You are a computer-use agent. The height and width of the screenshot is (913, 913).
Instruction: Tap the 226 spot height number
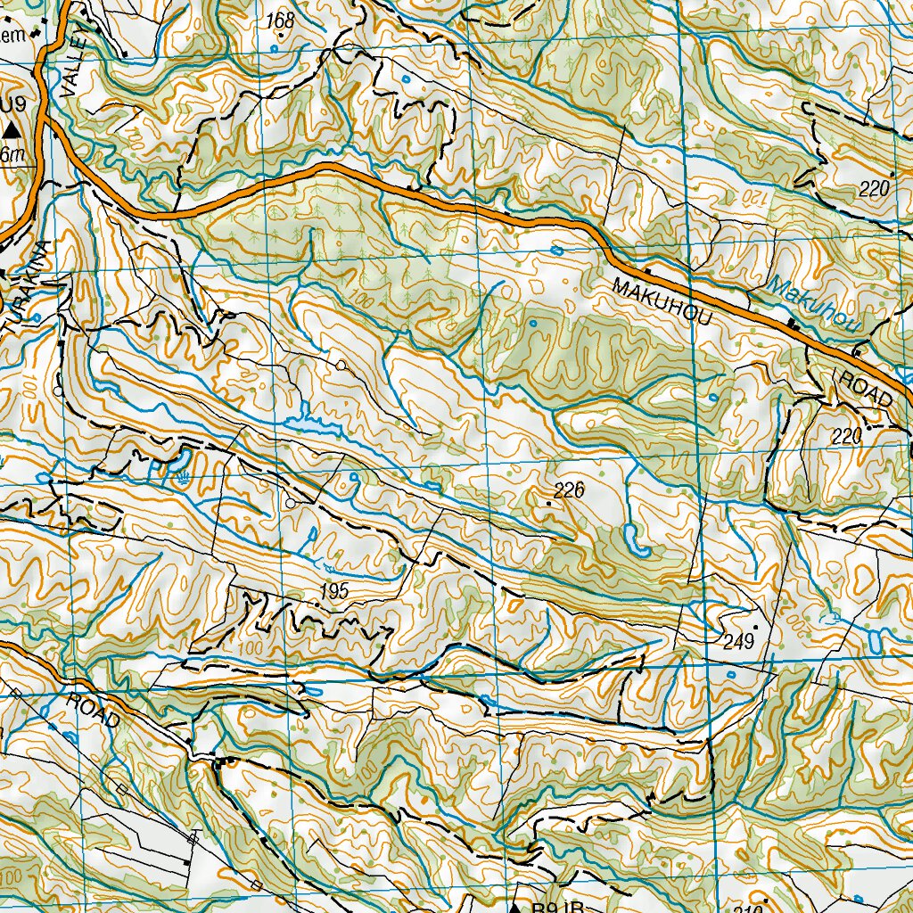click(568, 489)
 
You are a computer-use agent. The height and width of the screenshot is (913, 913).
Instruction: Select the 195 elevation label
click(334, 591)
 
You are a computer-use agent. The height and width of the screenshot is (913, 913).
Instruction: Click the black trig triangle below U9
click(11, 130)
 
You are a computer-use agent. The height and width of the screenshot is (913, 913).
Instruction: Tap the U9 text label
click(11, 105)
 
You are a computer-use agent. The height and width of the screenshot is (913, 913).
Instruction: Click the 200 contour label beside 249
click(789, 621)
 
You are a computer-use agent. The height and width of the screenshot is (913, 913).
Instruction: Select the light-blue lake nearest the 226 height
click(633, 538)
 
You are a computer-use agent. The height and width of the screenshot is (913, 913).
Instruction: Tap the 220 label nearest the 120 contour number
click(876, 188)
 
